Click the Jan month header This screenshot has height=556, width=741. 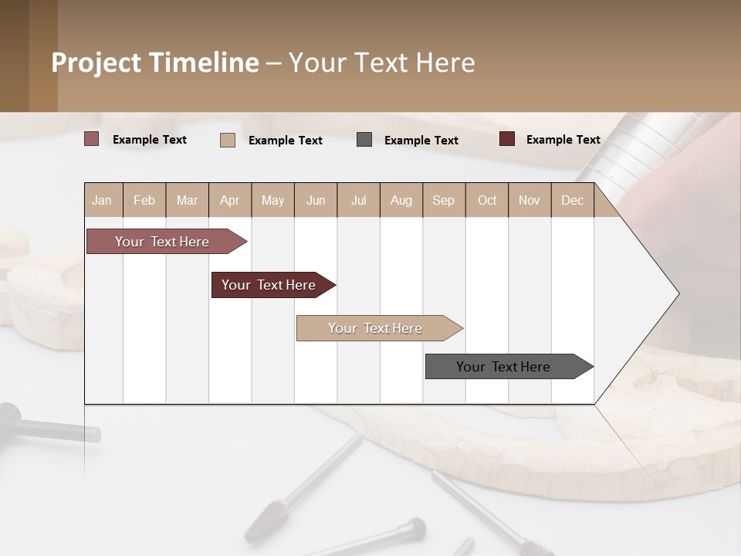coord(103,200)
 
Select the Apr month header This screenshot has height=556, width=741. coord(230,200)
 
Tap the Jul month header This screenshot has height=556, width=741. coord(358,200)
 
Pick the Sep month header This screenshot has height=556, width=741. coord(444,200)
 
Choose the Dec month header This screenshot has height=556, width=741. coord(572,200)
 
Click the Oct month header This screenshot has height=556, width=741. coord(487,200)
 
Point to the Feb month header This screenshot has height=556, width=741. coord(144,200)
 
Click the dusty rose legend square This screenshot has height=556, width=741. coord(92,139)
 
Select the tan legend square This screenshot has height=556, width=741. coord(228,140)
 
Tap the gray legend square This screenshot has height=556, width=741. coord(364,140)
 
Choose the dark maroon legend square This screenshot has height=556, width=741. coord(507,139)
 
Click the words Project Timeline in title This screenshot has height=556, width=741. coord(155,63)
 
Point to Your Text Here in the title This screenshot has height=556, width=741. coord(381,63)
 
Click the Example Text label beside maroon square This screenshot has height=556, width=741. coord(563,140)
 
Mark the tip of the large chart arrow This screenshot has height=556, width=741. coord(678,293)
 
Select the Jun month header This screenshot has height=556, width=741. coord(316,200)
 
